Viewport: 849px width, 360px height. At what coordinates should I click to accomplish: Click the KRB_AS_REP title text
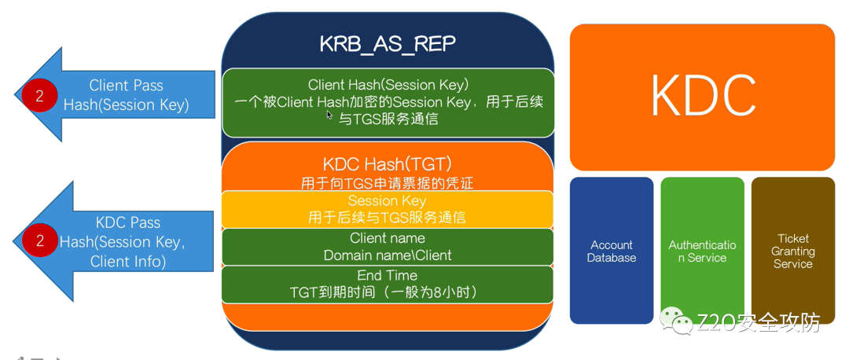coord(388,43)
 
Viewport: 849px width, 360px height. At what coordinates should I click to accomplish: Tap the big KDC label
coord(702,96)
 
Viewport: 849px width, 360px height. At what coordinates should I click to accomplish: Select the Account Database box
coord(612,251)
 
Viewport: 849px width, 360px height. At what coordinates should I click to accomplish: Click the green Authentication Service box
coord(702,251)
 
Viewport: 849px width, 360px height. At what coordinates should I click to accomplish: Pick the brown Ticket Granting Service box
coord(792,251)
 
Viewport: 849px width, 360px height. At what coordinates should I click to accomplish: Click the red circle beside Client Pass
coord(37,95)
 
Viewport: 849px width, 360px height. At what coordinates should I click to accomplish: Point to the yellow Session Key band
coord(388,209)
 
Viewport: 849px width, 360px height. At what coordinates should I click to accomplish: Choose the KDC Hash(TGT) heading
coord(388,164)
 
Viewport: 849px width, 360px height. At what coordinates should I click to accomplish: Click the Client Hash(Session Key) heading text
coord(388,84)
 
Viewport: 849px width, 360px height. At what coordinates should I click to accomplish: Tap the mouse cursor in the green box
coord(330,115)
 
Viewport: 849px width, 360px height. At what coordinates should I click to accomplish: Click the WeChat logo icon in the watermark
coord(676,320)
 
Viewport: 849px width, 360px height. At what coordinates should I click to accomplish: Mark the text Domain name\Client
coord(388,255)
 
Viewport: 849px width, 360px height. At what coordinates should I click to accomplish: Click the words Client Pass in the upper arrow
coord(126,86)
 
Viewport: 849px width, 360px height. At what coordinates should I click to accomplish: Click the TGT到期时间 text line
coord(384,292)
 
